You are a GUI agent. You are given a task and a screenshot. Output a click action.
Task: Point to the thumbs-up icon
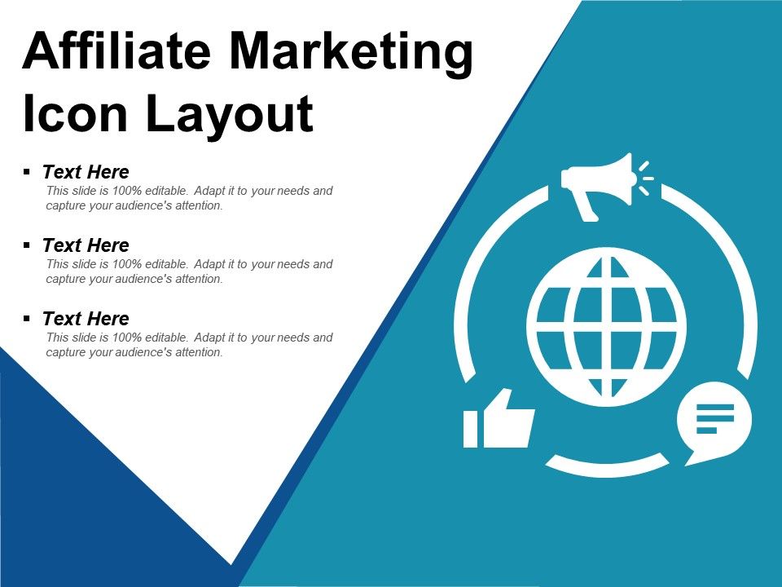499,419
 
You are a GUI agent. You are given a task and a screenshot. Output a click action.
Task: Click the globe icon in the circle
607,326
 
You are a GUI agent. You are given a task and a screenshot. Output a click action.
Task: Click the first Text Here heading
86,172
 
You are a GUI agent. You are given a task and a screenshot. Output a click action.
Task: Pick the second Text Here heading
86,245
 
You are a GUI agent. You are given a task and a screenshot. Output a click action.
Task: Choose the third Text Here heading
86,319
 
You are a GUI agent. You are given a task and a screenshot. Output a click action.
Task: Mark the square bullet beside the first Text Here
27,172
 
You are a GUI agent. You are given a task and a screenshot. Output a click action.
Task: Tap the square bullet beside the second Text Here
27,245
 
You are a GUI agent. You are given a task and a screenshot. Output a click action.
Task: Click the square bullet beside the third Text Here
27,319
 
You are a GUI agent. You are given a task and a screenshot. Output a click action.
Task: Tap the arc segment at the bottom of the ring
607,466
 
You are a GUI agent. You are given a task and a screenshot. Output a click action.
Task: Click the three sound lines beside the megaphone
645,179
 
